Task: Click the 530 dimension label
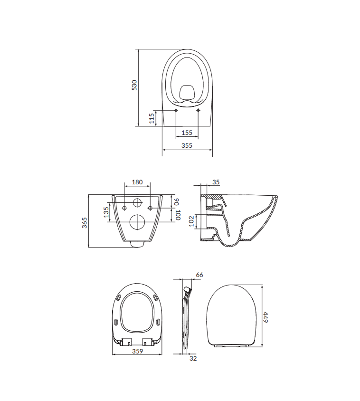(x=134, y=85)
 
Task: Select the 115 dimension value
(x=152, y=118)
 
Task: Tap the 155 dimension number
(x=187, y=133)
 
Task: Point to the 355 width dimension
(x=187, y=145)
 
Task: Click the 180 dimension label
(x=137, y=182)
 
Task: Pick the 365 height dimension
(x=85, y=223)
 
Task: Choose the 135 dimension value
(x=106, y=212)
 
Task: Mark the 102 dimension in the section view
(x=191, y=221)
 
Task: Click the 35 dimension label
(x=216, y=182)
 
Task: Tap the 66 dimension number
(x=199, y=275)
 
